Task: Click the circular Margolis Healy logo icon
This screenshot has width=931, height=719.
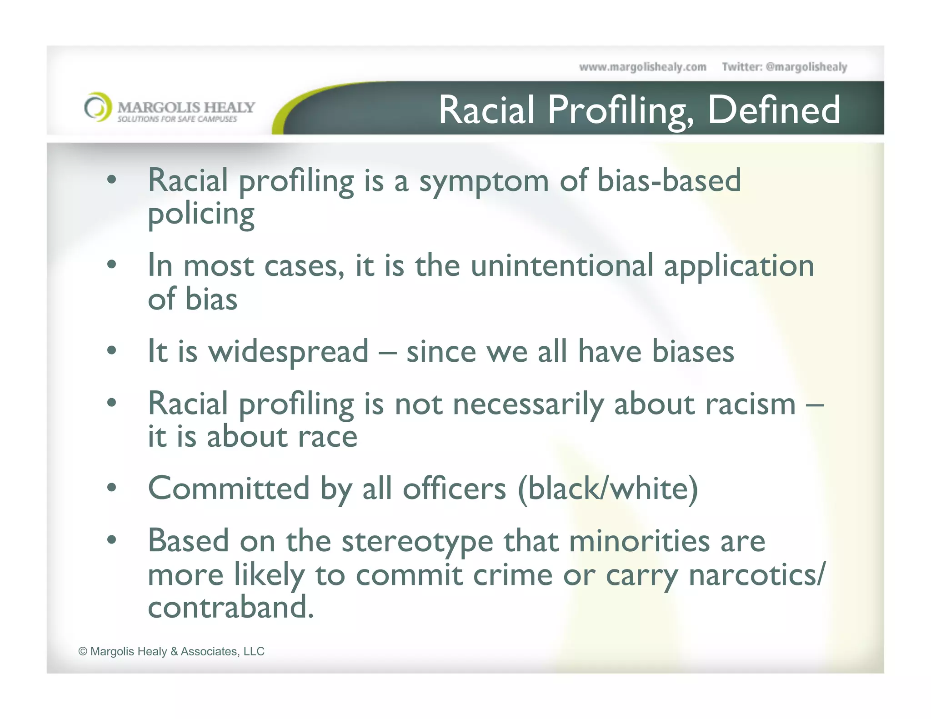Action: (98, 107)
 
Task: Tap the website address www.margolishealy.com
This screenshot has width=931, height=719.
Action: (642, 67)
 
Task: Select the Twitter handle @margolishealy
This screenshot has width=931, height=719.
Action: (806, 67)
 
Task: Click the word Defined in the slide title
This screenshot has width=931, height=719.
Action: (774, 110)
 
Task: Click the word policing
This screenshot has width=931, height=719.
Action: (201, 215)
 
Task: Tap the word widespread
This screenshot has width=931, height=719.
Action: (288, 352)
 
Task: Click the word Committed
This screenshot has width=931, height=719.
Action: (229, 489)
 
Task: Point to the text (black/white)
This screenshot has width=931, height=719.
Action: (608, 489)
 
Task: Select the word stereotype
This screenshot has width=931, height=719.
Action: (417, 542)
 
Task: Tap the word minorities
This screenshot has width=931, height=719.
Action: (639, 542)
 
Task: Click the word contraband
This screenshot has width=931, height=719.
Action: (230, 607)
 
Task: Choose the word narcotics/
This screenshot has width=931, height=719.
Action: (756, 575)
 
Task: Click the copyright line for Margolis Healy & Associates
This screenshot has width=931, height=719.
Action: (171, 651)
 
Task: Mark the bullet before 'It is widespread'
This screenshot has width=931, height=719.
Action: (112, 351)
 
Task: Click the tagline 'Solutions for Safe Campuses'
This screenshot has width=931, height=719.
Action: (177, 119)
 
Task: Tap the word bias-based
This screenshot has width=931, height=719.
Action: (669, 181)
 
